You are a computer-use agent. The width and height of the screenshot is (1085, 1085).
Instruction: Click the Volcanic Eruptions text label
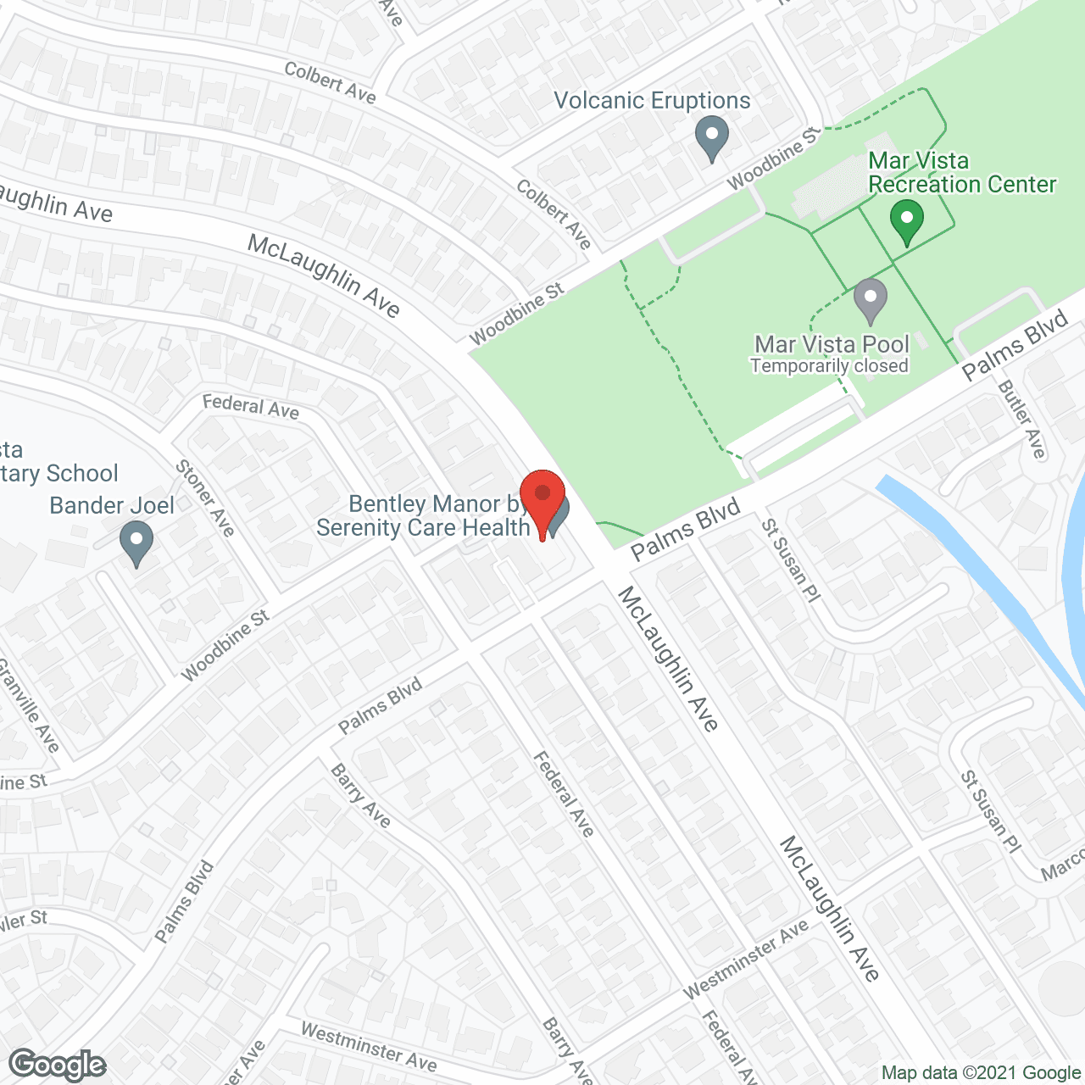tap(652, 101)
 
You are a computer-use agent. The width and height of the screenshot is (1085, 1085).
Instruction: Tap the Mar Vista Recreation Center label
tap(962, 172)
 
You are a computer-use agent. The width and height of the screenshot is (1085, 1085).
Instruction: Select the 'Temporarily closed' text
tap(829, 366)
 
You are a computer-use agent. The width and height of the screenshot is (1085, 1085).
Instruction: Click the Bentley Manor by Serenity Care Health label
tap(424, 515)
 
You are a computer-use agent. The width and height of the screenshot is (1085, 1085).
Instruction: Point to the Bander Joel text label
tap(112, 505)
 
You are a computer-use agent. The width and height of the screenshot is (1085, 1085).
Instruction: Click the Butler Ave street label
tap(1022, 419)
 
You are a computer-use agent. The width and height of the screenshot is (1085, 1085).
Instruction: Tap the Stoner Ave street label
tap(204, 498)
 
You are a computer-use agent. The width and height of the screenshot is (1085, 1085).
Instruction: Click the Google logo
tap(57, 1064)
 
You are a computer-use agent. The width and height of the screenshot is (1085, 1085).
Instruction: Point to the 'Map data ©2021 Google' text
tap(981, 1073)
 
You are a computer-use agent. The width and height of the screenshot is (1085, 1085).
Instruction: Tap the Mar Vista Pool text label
tap(832, 344)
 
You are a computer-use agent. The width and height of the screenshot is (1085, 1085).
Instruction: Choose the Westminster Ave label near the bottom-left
tap(369, 1046)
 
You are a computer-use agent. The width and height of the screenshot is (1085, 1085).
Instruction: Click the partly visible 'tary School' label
tap(59, 473)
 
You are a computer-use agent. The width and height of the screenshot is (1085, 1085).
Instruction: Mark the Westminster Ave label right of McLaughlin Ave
tap(746, 960)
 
